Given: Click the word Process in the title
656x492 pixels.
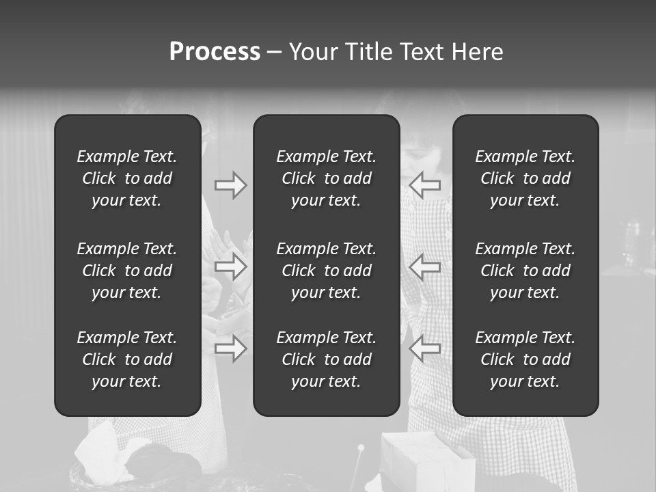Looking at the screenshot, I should [x=215, y=52].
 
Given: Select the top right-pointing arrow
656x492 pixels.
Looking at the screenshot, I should [x=230, y=185].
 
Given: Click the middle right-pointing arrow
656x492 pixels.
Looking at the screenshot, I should [x=230, y=266].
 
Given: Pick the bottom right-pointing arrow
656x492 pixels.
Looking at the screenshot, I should [x=230, y=348].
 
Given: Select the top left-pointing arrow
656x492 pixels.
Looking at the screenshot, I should [x=425, y=185].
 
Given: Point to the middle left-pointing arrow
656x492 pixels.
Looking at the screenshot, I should [x=425, y=266].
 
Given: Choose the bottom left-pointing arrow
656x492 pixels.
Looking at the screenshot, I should [x=425, y=348].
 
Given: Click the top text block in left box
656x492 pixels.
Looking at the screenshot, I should [x=127, y=178].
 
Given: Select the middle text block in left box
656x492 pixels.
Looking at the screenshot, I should [x=127, y=271].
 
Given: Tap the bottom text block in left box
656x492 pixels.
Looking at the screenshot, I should [x=127, y=359].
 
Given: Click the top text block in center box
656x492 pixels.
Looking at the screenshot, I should [x=327, y=178].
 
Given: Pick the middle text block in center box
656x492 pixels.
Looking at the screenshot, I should [x=327, y=271].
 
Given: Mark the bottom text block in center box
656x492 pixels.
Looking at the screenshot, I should [x=327, y=359].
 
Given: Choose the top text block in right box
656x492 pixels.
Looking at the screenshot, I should [x=525, y=178].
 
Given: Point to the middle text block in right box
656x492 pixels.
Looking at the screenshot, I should [x=525, y=271].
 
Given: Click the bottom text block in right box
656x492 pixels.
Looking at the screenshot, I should [x=525, y=359].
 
